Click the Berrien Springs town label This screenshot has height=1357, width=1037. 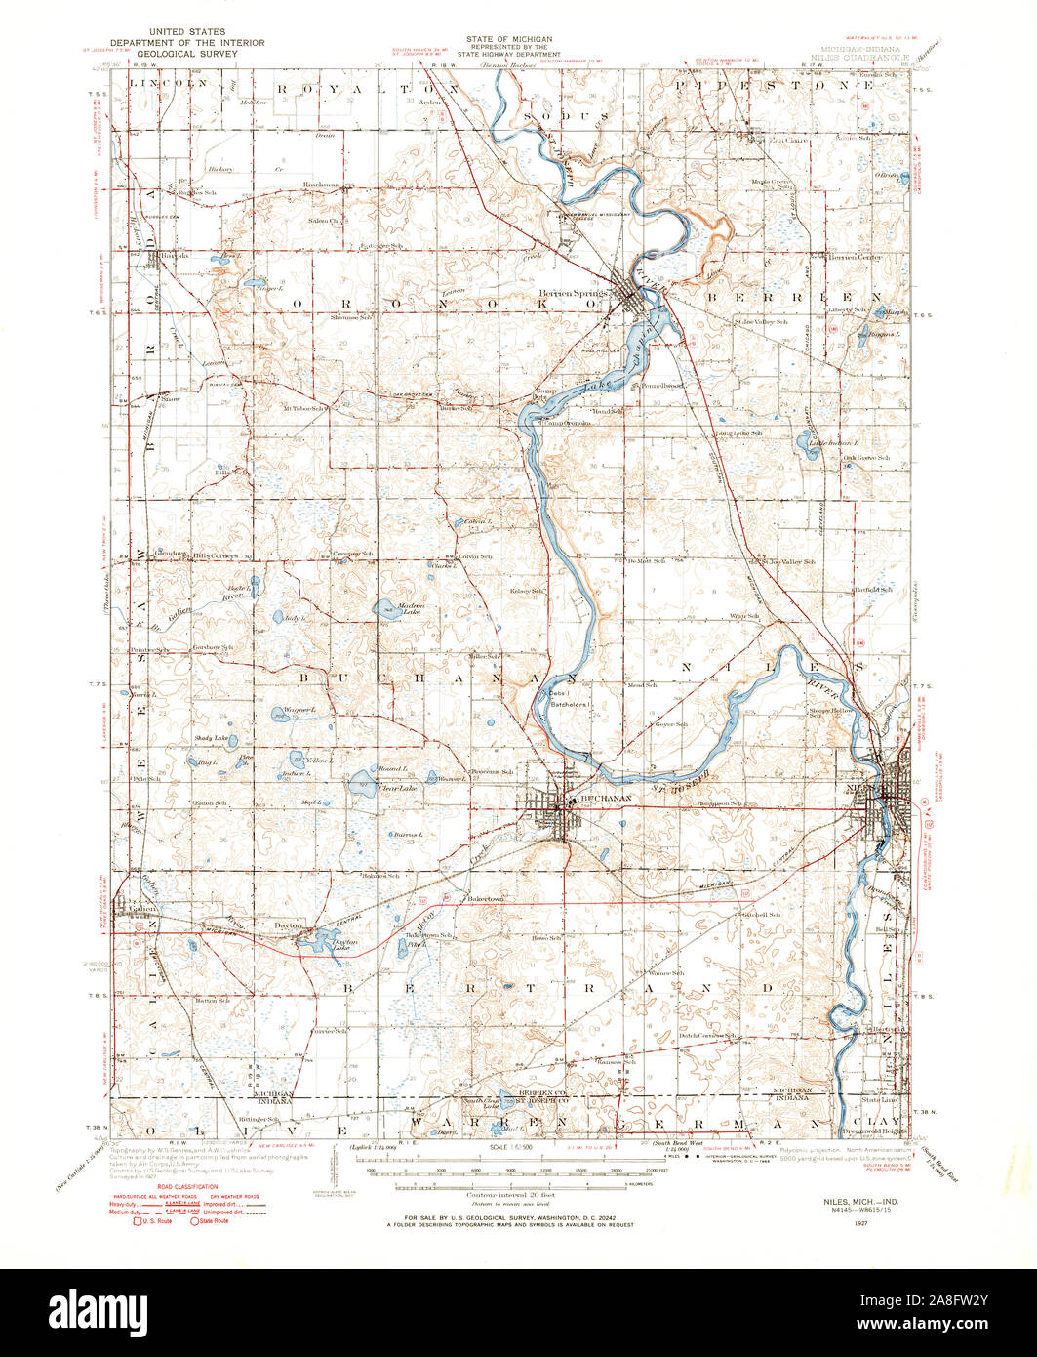click(x=574, y=292)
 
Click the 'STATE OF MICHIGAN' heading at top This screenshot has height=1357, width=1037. click(x=508, y=39)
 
